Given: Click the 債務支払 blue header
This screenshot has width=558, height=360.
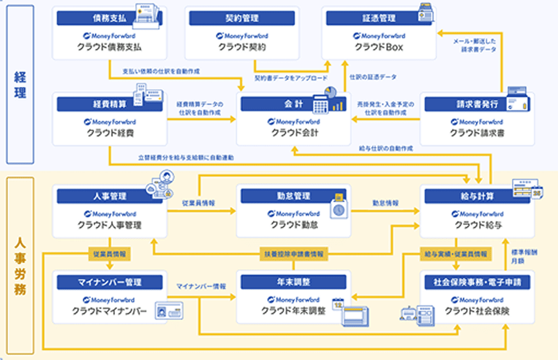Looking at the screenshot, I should click(x=110, y=18).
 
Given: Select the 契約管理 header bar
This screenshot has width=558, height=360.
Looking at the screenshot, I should click(x=243, y=18).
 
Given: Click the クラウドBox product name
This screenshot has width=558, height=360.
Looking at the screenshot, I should click(x=378, y=47).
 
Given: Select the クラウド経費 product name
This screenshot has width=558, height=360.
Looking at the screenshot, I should click(x=110, y=133).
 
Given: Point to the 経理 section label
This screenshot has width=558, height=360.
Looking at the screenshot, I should click(x=20, y=85).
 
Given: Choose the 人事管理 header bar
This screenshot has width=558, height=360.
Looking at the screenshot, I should click(x=110, y=196).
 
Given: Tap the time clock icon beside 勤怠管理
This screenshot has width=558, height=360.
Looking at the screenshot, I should click(x=338, y=205).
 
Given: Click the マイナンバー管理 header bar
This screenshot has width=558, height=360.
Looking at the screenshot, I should click(x=110, y=282).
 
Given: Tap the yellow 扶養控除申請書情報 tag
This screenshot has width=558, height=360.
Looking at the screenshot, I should click(x=294, y=254).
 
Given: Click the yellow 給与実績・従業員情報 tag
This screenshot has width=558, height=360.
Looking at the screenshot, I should click(x=455, y=254).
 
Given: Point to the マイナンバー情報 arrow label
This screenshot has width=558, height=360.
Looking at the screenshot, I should click(x=200, y=286).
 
